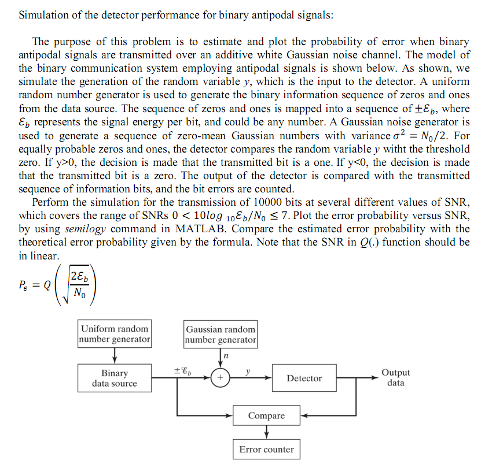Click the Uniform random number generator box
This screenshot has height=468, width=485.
tap(115, 333)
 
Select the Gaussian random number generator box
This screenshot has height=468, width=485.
tap(221, 334)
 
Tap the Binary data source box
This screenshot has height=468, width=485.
tap(115, 378)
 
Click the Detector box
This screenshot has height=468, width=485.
tap(304, 378)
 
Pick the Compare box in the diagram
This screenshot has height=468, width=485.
tap(266, 415)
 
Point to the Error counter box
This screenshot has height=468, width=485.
tap(266, 449)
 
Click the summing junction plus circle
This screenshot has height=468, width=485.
tap(221, 378)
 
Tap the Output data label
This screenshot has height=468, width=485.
tap(396, 378)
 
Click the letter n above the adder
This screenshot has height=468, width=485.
tap(225, 356)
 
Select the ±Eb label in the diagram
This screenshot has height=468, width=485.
tap(182, 369)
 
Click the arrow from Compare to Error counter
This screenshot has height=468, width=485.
tap(266, 432)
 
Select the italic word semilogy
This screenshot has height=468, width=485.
tap(86, 228)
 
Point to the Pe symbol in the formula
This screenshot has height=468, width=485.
tap(24, 284)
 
